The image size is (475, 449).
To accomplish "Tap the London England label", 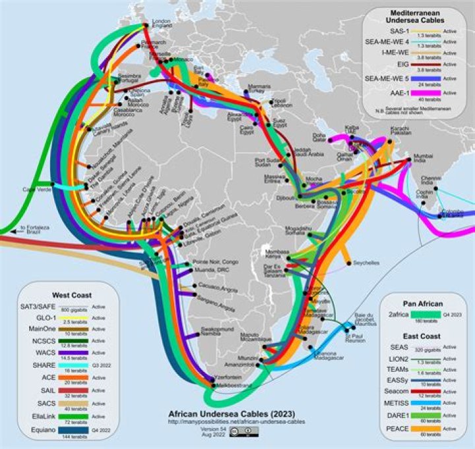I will point(162,24).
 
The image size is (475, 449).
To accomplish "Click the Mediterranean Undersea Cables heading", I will point(410,16).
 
